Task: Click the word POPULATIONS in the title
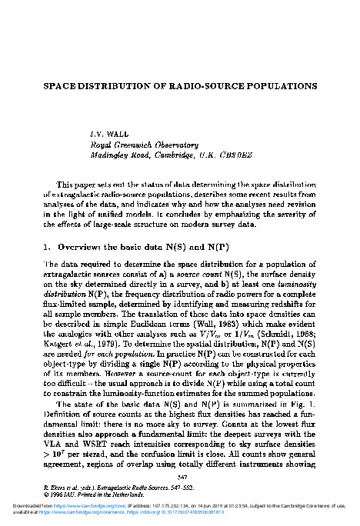click(x=275, y=86)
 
